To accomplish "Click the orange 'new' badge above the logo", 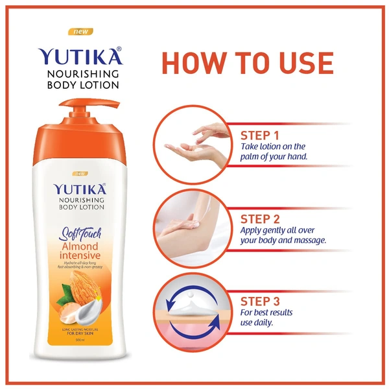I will (81, 31).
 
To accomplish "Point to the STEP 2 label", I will (260, 218).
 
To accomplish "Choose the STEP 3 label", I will (260, 301).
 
